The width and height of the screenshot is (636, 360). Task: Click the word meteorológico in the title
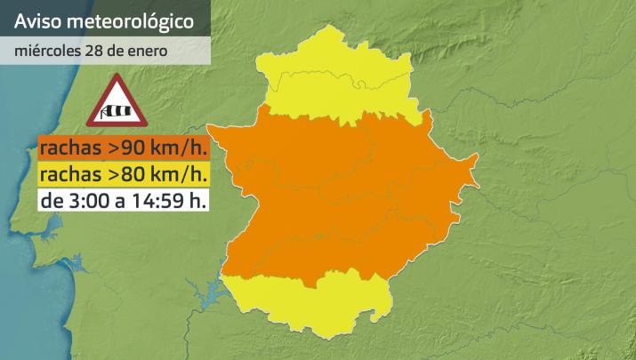[x=132, y=18]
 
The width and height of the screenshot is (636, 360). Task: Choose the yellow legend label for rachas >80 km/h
[x=124, y=172]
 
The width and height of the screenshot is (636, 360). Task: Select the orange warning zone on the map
[x=347, y=196]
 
